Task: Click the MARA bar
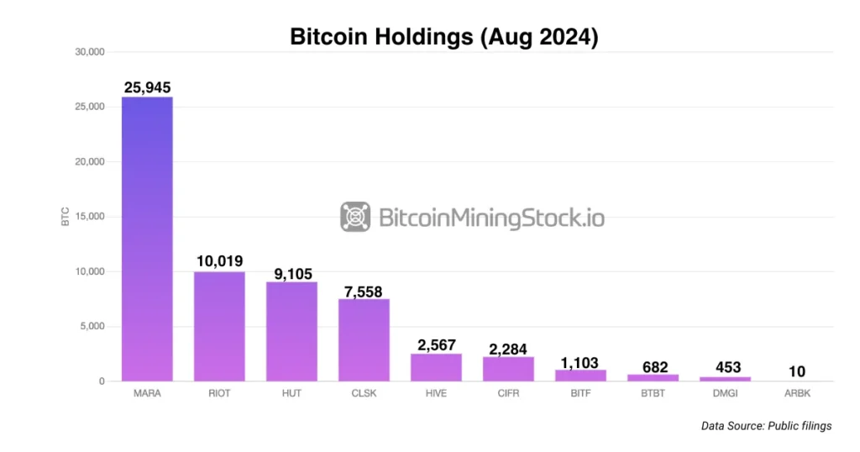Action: [x=147, y=239]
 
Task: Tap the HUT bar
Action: [x=291, y=331]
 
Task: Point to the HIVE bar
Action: [x=436, y=367]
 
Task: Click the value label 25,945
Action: [x=147, y=87]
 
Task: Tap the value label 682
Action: [x=653, y=366]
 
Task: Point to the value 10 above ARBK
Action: [x=797, y=371]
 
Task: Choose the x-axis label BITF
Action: [x=580, y=393]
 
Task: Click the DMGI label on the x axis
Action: [x=725, y=393]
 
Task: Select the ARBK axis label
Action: [x=797, y=393]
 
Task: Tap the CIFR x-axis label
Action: [x=508, y=393]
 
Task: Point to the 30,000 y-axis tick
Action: [x=90, y=52]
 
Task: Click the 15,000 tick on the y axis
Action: [x=90, y=217]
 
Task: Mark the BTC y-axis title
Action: [x=65, y=217]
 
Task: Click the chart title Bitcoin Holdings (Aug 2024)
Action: [x=443, y=37]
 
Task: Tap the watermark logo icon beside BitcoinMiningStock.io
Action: [x=355, y=217]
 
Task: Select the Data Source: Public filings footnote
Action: [x=766, y=426]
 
